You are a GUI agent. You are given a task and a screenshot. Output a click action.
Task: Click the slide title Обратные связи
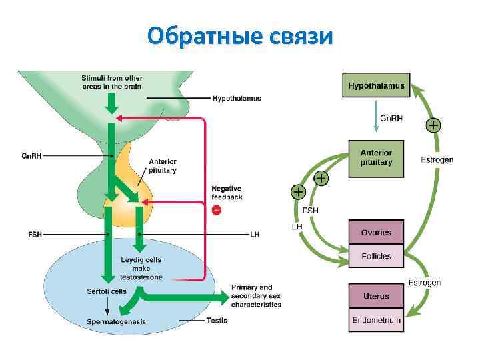coord(240,36)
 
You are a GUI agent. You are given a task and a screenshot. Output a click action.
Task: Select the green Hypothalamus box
coord(377,85)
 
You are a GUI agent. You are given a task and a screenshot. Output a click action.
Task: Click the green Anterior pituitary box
coord(377,158)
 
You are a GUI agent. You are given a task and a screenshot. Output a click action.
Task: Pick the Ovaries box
coord(376,233)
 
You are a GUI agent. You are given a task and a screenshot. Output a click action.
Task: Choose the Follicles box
coord(376,256)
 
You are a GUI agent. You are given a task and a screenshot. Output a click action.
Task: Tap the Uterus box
coord(376,295)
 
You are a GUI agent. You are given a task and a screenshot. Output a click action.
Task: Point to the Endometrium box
coord(376,320)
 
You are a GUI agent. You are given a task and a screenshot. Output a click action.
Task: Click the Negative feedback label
coord(227,193)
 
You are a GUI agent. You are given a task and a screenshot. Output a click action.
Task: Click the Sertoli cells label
coord(107,291)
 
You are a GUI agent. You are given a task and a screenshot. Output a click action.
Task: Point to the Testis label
coord(217,321)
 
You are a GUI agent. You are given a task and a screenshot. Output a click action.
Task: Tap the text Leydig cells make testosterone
coord(141,268)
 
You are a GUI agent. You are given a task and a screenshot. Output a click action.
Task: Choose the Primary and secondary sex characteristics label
coord(257,296)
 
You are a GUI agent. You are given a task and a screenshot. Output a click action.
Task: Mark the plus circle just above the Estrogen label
coord(433,125)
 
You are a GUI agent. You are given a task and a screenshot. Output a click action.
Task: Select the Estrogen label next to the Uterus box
coord(424,283)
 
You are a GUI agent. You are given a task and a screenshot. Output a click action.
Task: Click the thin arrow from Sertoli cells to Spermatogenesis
coord(107,306)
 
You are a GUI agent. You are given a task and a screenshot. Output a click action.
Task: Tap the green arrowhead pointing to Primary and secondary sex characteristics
coord(224,295)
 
